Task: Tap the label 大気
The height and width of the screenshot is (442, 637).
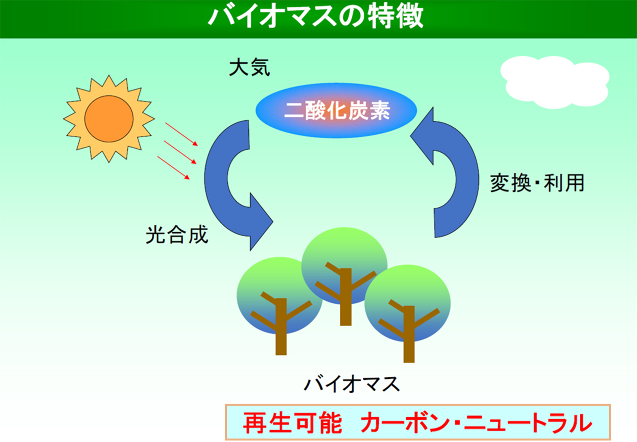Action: pos(249,68)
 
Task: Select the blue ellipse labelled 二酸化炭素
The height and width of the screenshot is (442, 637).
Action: pos(337,110)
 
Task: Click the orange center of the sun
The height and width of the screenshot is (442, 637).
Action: pos(108,119)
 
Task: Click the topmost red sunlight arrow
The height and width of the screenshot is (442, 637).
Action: pos(182,134)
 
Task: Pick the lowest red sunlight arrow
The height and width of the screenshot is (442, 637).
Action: pos(174,168)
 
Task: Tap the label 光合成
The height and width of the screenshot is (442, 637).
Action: pos(177,235)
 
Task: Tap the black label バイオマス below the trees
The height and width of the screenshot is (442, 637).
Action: pos(352,384)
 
